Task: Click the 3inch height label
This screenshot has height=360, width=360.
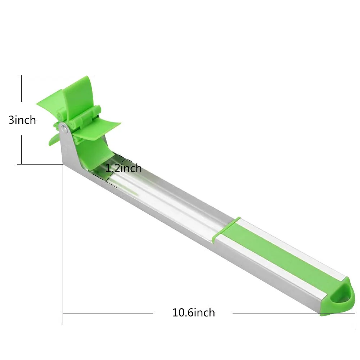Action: click(22, 120)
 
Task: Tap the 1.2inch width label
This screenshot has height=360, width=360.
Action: click(123, 168)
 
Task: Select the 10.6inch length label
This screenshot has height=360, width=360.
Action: click(194, 313)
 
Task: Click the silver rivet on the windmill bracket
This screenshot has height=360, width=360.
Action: click(65, 129)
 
